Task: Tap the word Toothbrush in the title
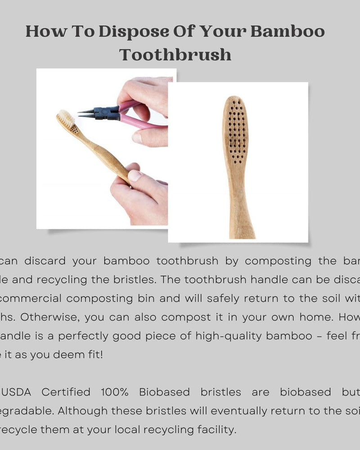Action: coord(175,55)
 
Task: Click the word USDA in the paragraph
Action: coord(17,392)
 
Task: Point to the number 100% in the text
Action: coord(115,392)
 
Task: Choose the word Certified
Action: coord(66,392)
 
